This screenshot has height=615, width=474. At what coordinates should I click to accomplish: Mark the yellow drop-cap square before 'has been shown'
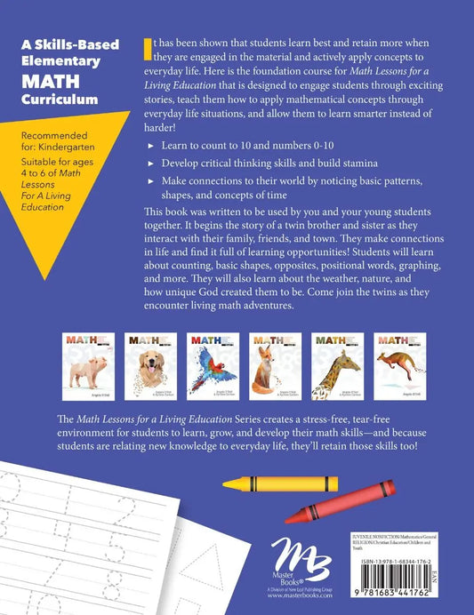148,54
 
